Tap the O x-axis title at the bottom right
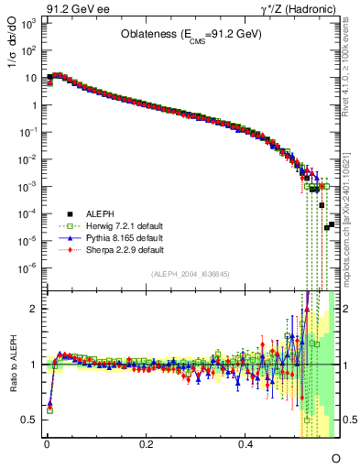[335, 457]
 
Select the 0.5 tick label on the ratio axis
[29, 420]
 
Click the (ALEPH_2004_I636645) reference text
[189, 275]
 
